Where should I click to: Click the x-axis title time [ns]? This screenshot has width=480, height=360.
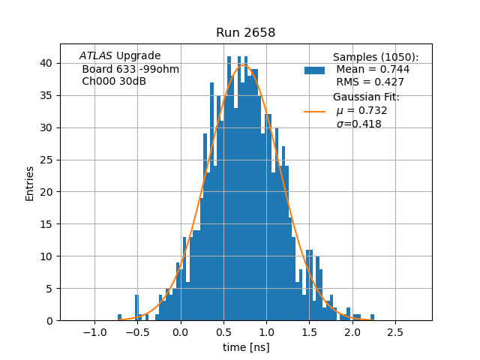tap(246, 347)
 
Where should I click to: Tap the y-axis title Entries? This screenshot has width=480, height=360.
tap(30, 183)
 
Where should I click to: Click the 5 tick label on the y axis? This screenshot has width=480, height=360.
tap(49, 289)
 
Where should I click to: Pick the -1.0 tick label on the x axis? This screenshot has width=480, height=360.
tap(94, 331)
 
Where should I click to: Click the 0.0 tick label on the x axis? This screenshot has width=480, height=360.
tap(180, 331)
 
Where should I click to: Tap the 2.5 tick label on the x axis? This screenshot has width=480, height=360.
tap(395, 331)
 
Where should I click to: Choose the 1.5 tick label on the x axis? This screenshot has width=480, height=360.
tap(309, 331)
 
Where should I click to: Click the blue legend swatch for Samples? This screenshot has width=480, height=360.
tap(314, 70)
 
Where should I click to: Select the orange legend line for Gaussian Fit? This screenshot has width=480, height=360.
tap(314, 112)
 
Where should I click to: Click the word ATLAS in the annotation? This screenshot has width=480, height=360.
tap(95, 56)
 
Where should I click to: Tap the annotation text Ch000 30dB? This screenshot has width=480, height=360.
tap(114, 81)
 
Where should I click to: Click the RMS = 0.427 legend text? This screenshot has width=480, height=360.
tap(370, 82)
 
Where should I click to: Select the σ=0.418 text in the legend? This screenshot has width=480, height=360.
tap(358, 124)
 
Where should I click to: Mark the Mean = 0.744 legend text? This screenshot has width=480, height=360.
tap(373, 70)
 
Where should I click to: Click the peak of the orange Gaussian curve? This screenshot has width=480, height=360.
tap(244, 64)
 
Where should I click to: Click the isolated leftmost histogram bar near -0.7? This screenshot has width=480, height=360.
tap(120, 317)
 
